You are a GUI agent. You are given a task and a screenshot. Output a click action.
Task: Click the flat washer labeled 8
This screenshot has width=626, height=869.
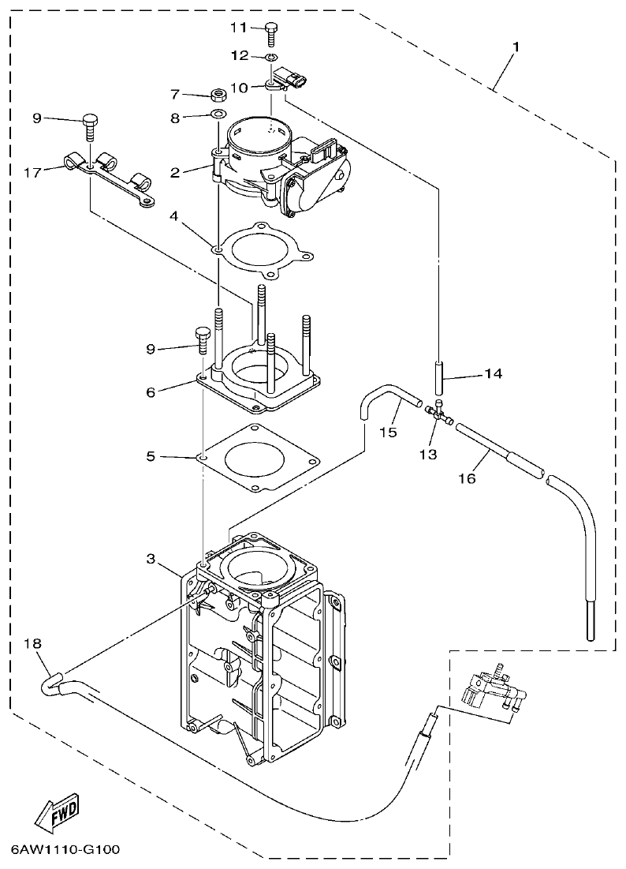[214, 117]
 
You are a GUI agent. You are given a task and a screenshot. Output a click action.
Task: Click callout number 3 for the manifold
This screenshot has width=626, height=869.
[151, 559]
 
